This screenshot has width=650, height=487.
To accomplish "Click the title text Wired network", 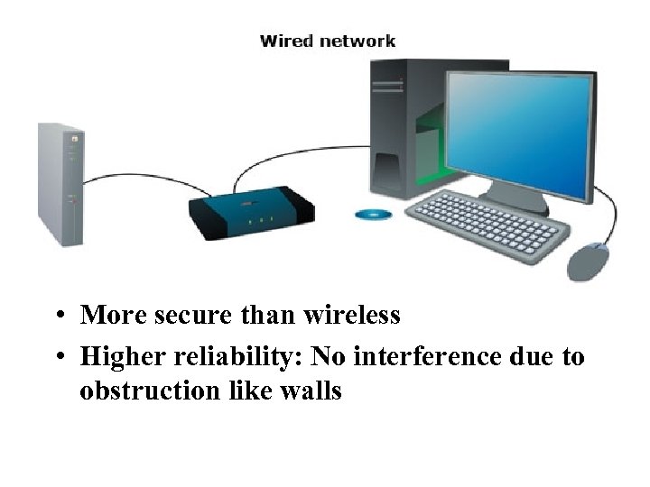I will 327,41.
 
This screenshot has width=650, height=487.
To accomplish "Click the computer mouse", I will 588,261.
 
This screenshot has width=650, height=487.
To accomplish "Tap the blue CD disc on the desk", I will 372,215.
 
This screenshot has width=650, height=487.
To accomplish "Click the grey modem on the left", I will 60,184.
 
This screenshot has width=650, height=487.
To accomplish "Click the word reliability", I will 243,357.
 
